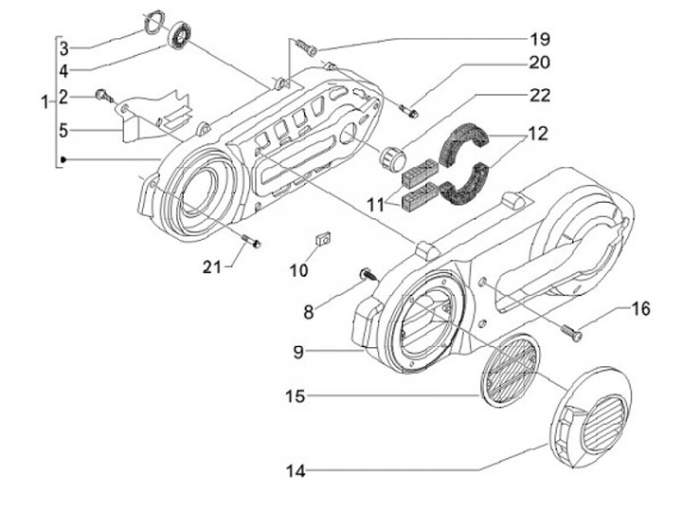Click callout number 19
coord(540,39)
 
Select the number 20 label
coord(539,63)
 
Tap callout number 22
coord(540,96)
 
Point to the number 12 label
coord(538,134)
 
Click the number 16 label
coord(640,309)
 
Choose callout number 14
coord(296,471)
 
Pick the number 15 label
coord(296,396)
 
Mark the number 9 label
coord(298,352)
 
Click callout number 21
coord(212,266)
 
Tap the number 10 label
coord(298,270)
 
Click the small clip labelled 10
coord(323,239)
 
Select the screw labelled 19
coord(306,46)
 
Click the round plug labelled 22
coord(393,159)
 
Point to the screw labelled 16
coord(571,333)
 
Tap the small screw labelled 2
coord(104,96)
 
